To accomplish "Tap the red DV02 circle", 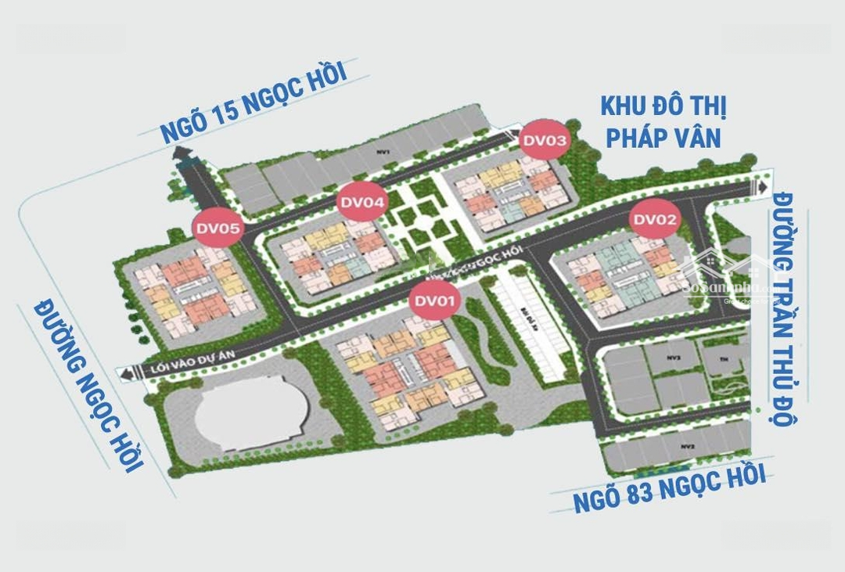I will [x=655, y=220].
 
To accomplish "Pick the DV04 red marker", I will [x=362, y=203].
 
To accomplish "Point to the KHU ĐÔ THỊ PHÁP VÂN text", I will [x=660, y=122].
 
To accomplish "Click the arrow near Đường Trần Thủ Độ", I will [x=761, y=188].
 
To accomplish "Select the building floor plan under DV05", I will [x=186, y=289].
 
